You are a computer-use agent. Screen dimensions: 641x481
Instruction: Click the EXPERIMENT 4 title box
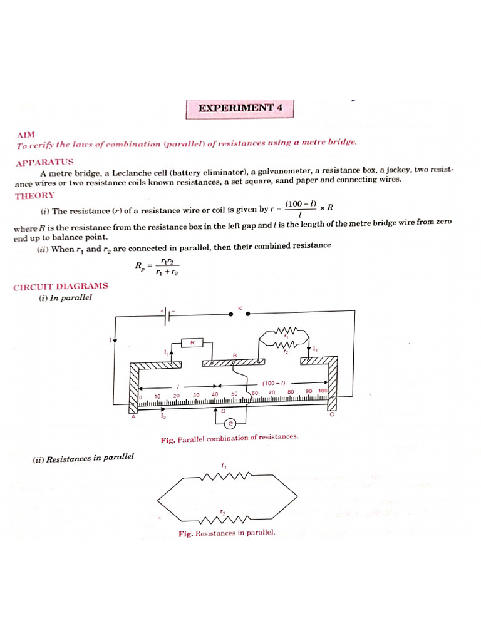[240, 108]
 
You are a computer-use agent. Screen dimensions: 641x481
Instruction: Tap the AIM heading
[28, 135]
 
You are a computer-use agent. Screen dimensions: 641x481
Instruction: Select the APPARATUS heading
[44, 162]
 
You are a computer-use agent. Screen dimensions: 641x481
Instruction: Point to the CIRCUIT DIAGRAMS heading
[61, 286]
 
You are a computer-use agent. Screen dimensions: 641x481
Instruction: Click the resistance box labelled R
[193, 342]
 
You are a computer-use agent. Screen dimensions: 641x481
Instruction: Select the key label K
[240, 307]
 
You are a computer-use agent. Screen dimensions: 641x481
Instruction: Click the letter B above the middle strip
[235, 356]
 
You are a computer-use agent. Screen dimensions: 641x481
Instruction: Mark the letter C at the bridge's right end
[332, 415]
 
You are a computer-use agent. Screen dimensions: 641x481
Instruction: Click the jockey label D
[223, 411]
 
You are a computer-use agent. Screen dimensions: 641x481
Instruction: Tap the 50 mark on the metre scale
[235, 394]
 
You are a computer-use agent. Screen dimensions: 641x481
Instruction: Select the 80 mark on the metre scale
[291, 392]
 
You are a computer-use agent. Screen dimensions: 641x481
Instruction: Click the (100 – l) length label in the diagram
[274, 382]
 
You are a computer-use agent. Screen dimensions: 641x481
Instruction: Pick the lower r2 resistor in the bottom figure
[223, 518]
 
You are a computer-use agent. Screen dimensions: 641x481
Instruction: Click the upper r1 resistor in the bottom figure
[223, 477]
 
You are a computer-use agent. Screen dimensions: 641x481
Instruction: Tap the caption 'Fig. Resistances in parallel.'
[226, 533]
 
